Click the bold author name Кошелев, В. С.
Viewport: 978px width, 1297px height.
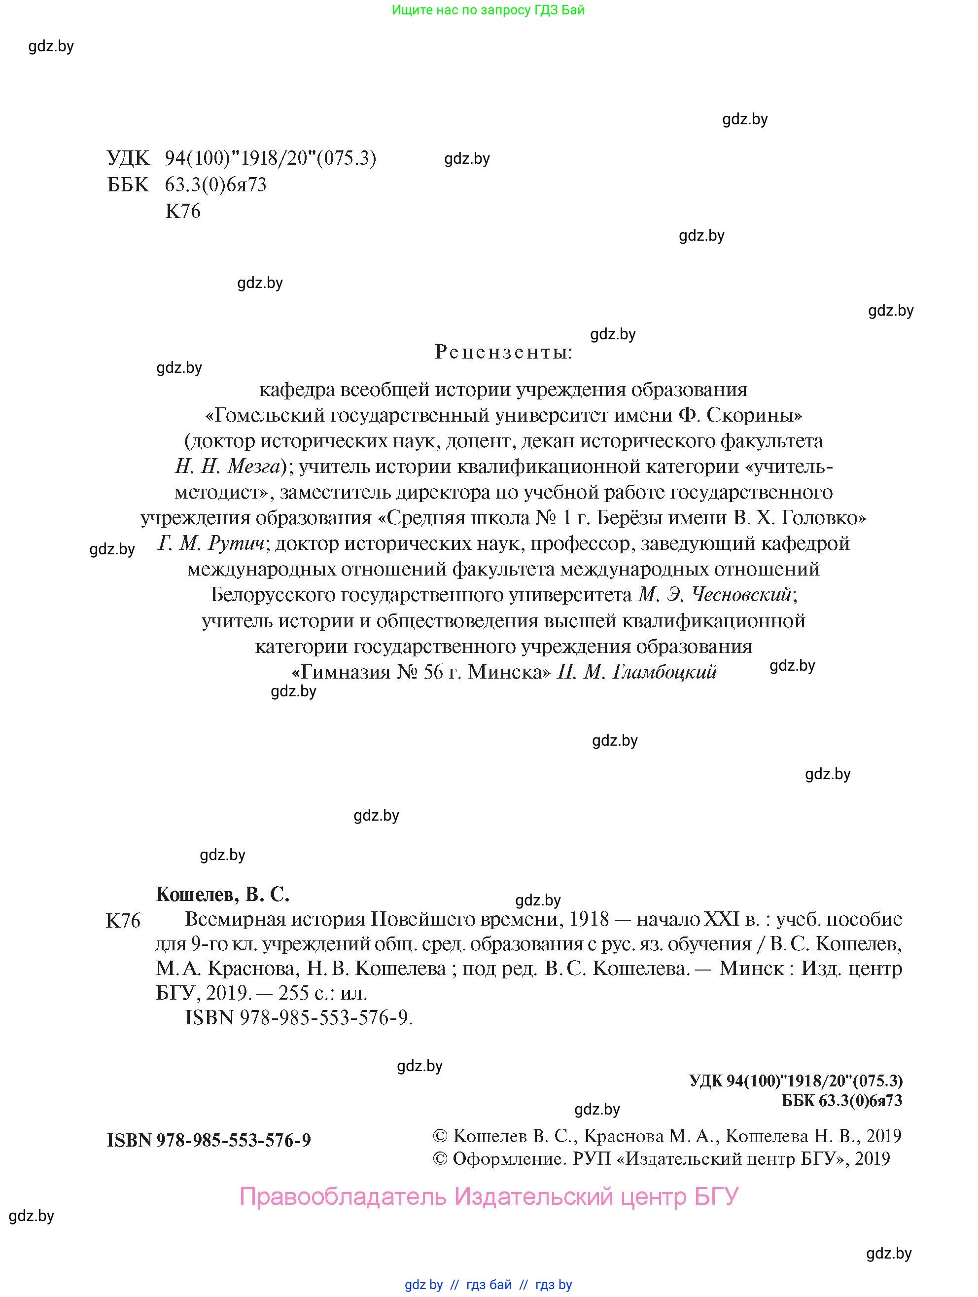223,894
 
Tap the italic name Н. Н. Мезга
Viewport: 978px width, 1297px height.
228,466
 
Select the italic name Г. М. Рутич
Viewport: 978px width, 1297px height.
211,543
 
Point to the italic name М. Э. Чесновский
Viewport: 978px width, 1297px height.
715,595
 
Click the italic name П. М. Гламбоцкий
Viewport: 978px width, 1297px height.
637,672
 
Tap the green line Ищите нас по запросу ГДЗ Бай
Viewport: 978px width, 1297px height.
488,10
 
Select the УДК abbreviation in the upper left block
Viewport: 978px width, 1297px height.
128,158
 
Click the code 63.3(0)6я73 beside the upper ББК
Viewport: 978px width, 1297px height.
215,185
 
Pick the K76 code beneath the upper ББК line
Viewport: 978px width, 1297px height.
183,211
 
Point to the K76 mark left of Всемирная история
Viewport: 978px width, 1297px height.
123,921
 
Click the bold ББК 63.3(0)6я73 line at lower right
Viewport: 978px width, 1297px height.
841,1101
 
